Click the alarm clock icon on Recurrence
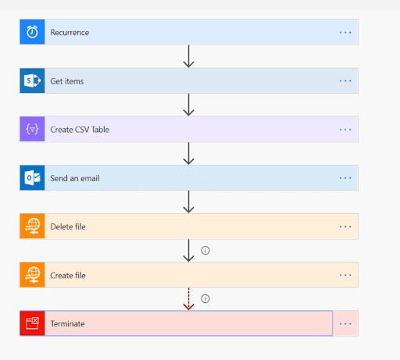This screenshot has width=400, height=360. point(32,32)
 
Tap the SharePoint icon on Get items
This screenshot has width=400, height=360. point(32,80)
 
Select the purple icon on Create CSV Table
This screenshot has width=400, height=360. point(32,129)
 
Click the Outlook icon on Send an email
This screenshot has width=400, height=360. point(32,178)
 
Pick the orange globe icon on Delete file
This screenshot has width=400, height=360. point(32,226)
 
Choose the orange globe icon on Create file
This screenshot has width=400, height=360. point(32,275)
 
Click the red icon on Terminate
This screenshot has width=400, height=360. point(32,323)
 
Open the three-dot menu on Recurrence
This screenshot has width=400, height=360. point(345,33)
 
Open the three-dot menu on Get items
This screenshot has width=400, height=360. point(345,81)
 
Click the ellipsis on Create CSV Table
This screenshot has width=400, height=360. point(345,130)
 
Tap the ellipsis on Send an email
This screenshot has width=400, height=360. point(345,178)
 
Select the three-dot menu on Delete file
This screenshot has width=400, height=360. point(345,226)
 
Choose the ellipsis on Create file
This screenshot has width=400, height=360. point(345,275)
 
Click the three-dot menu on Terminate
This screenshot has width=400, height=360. point(345,324)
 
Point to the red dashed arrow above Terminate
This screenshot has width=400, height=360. point(188,299)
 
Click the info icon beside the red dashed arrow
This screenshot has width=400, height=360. point(205,298)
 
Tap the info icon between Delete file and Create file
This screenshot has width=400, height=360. point(205,251)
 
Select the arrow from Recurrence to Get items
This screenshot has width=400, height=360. point(188,56)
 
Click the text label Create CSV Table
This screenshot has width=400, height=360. point(80,130)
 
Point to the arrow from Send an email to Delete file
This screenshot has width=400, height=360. point(188,201)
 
